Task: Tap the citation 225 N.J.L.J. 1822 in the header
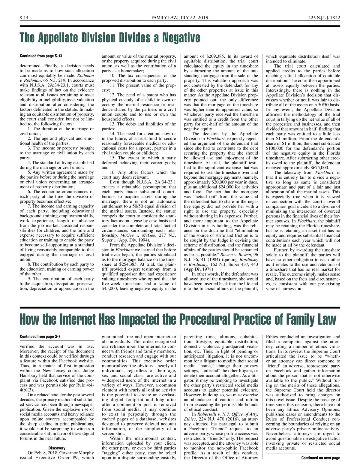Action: [324, 18]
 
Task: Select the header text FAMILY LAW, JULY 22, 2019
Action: [180, 18]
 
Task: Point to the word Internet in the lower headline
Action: [78, 319]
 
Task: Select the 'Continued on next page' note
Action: [320, 458]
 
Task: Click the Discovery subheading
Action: [57, 448]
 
